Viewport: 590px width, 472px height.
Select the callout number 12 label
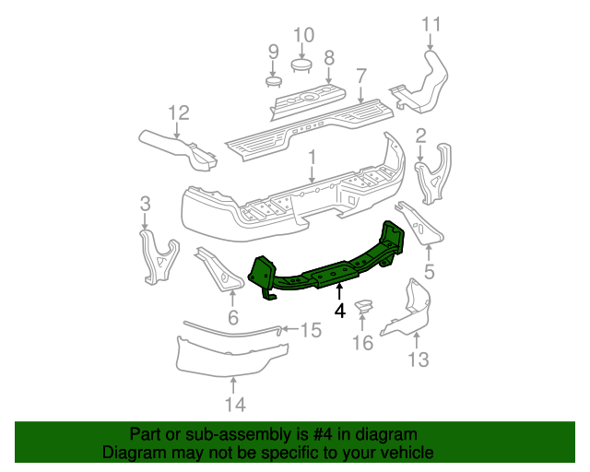(x=178, y=113)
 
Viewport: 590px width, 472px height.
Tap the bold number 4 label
(x=340, y=312)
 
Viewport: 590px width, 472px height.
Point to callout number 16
(x=362, y=343)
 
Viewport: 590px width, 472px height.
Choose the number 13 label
(x=419, y=360)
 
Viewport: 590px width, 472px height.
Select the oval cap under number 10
(x=302, y=64)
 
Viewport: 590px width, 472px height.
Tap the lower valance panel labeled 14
(x=230, y=356)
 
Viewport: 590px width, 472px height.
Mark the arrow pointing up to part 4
(x=339, y=292)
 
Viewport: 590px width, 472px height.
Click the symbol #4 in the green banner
(x=315, y=434)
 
